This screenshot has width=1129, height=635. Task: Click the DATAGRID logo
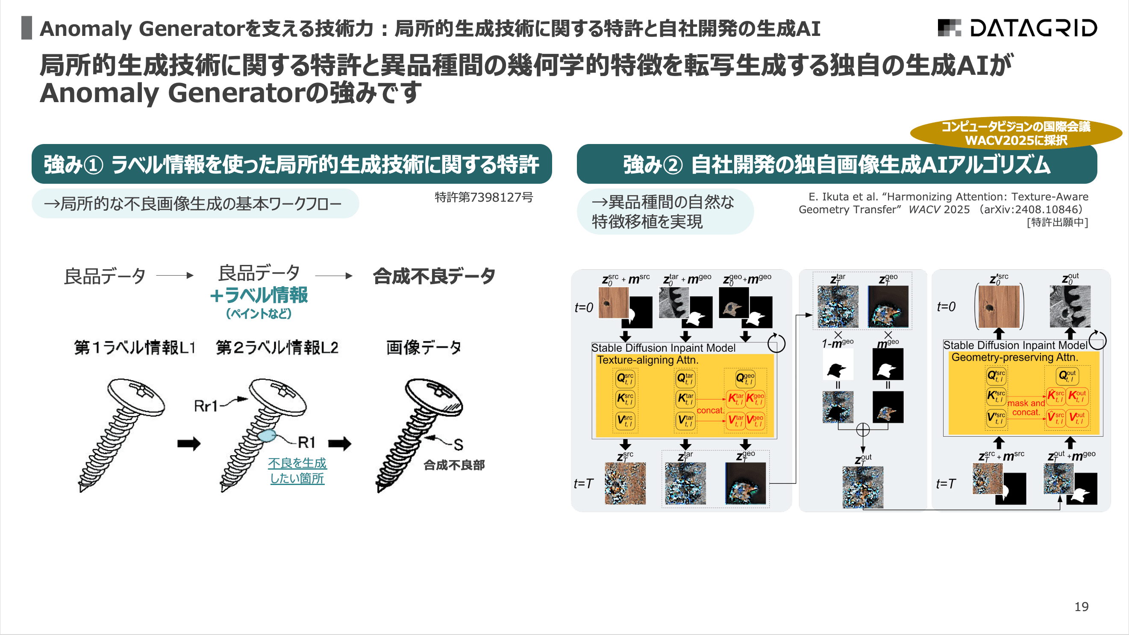tap(1017, 28)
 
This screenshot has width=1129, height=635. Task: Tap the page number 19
tap(1081, 606)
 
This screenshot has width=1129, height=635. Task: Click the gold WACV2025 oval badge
tap(1015, 133)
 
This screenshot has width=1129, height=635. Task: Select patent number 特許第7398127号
tap(483, 197)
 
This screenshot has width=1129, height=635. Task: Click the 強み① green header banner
tap(291, 165)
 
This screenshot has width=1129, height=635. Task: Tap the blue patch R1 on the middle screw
tap(267, 435)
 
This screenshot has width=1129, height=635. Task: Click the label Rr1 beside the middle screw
tap(206, 406)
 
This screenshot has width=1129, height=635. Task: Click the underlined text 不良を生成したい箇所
tap(297, 470)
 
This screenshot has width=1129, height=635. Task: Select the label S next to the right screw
tap(458, 445)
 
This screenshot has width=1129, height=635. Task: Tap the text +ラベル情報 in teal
tap(259, 295)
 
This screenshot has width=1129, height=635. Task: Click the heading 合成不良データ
tap(434, 276)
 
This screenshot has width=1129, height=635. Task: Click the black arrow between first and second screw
tap(189, 444)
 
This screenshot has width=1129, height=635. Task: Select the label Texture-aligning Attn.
tap(647, 360)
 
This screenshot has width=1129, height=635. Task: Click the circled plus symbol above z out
tap(862, 429)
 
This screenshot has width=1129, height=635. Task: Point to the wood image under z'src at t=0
tap(999, 306)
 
